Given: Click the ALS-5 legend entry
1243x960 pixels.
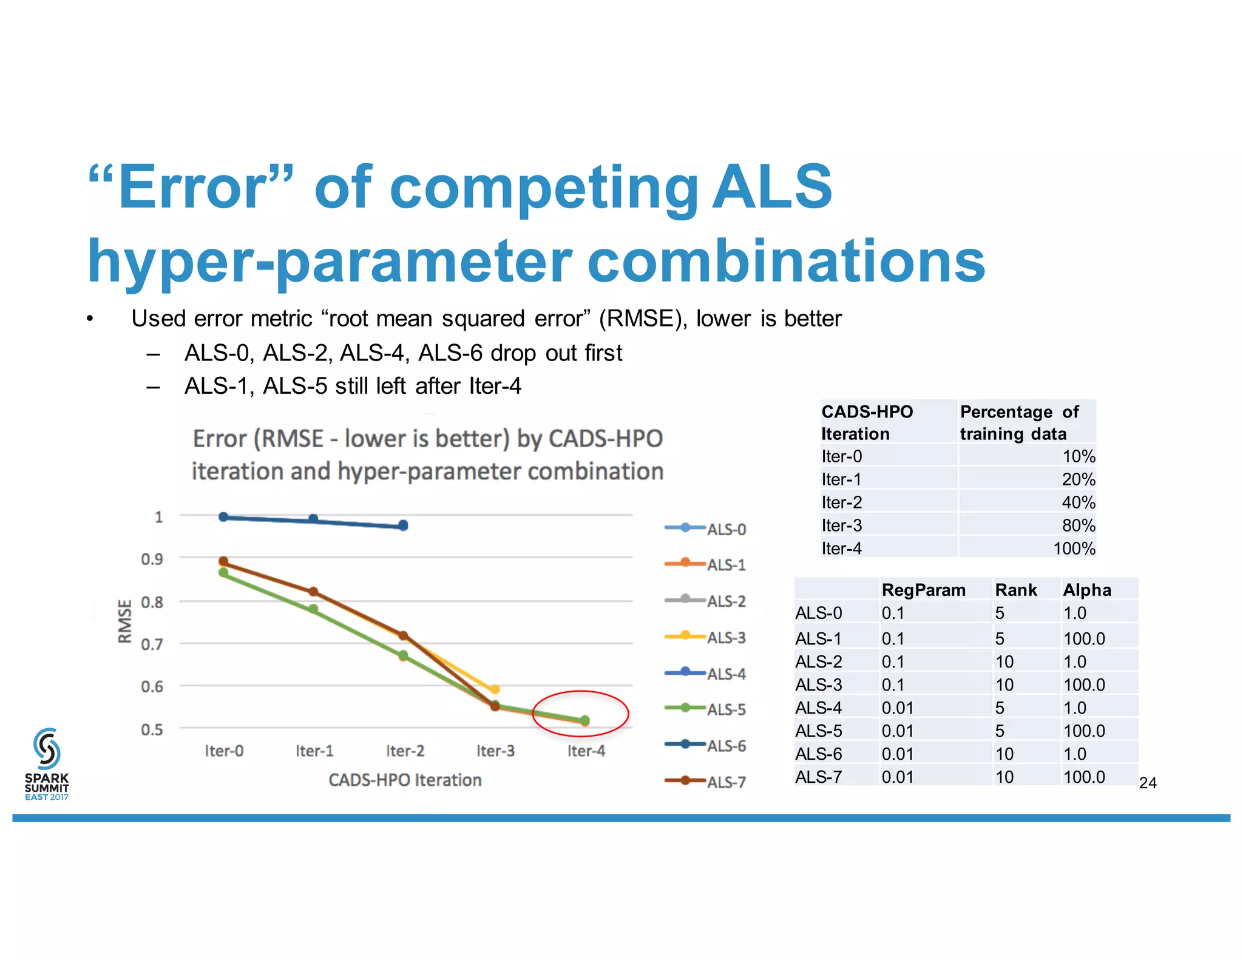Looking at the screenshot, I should tap(705, 709).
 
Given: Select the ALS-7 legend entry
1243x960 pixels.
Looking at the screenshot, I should tap(705, 781).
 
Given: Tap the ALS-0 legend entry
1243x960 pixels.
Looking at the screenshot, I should tap(705, 529).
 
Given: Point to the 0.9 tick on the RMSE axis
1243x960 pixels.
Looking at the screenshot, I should tap(152, 559).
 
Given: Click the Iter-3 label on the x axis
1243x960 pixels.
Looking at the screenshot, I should tap(495, 751).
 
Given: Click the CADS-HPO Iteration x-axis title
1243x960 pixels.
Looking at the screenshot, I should tap(405, 780).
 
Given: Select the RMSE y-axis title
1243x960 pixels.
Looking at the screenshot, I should tap(124, 621).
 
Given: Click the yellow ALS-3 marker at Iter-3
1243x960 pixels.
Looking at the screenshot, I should tap(495, 689).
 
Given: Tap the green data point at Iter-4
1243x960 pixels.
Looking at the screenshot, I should tap(585, 720).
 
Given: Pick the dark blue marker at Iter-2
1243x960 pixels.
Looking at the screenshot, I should tap(404, 526).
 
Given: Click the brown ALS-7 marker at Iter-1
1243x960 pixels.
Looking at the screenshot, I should tap(313, 592).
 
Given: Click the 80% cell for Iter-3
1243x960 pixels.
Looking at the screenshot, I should tap(1078, 526).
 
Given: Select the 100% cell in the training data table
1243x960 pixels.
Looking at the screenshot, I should tap(1074, 549).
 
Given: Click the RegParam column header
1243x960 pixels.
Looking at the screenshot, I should tap(923, 590).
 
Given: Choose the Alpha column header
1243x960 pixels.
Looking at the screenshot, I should tap(1087, 590).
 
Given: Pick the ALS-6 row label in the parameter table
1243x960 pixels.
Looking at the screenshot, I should tap(818, 754).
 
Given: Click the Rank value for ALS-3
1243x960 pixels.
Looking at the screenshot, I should tap(1004, 685).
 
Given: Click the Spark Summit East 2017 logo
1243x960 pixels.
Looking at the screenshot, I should tap(47, 764).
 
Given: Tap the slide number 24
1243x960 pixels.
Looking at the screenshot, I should tap(1148, 783).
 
